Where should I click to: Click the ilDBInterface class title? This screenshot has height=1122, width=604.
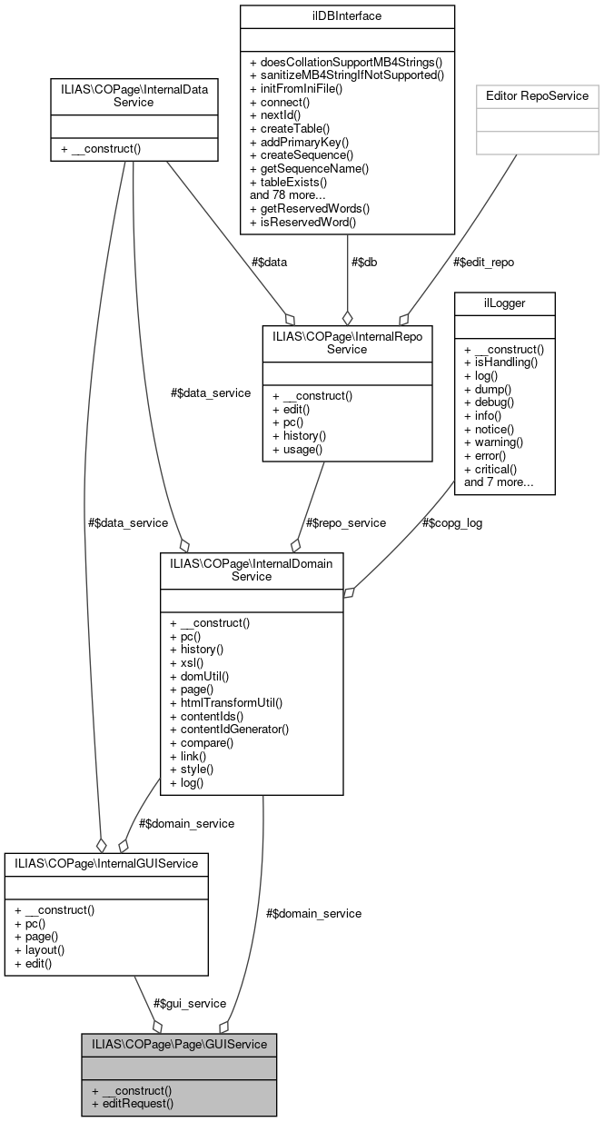(346, 16)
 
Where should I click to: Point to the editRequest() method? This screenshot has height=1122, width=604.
(133, 1103)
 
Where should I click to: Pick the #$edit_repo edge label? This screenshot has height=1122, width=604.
(483, 262)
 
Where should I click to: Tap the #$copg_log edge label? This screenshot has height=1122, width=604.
(451, 522)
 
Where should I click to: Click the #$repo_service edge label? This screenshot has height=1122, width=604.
(346, 522)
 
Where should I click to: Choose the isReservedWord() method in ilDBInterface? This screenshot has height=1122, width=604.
(303, 221)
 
